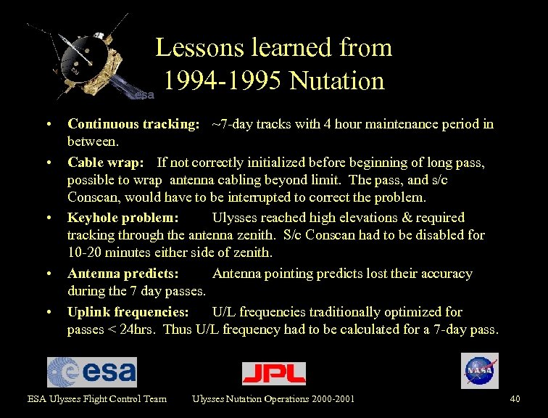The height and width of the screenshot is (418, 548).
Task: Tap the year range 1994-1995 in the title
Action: [x=223, y=81]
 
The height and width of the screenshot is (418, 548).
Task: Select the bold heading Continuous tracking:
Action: [x=133, y=124]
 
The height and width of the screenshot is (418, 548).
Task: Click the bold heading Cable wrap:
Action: [x=109, y=162]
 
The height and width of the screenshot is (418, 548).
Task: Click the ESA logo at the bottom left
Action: [x=91, y=372]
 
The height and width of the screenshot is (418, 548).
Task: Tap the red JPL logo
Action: [x=273, y=373]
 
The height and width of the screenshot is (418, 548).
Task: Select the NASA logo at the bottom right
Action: [x=479, y=371]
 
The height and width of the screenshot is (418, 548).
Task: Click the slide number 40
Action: [x=515, y=398]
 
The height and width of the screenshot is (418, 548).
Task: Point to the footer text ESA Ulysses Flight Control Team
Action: [x=97, y=398]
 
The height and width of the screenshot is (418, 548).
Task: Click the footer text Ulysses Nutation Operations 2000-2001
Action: [x=273, y=398]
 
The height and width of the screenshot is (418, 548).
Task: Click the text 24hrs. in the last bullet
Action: [x=139, y=329]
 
